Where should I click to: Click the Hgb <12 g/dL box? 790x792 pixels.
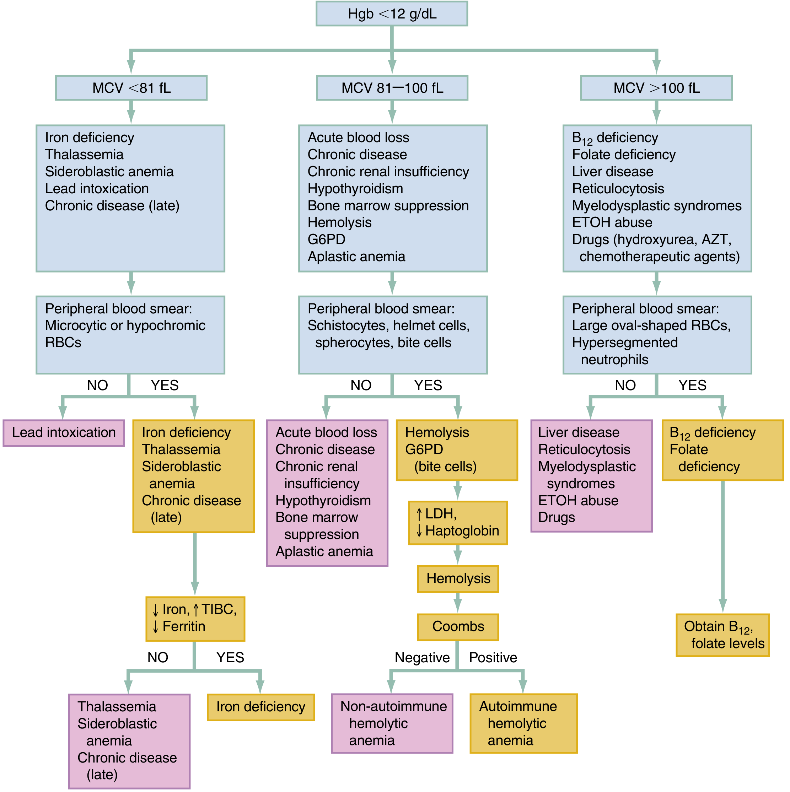point(392,14)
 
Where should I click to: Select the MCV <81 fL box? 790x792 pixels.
point(131,88)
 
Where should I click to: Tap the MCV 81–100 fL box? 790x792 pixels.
point(392,88)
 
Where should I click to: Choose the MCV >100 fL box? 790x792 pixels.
point(656,88)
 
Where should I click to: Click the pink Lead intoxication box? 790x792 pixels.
point(64,433)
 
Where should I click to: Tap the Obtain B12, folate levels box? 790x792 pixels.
point(722,635)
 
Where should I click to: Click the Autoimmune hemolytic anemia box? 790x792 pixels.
point(523,723)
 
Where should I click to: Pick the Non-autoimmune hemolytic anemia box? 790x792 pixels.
point(392,723)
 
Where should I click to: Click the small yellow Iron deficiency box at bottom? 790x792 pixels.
point(261,707)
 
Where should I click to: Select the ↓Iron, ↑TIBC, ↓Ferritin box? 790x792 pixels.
point(195,619)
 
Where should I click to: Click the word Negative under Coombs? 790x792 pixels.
point(422,658)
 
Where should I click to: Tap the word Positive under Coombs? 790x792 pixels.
point(493,658)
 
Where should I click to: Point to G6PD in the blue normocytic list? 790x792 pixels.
point(326,239)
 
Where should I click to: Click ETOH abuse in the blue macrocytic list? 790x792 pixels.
point(612,222)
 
